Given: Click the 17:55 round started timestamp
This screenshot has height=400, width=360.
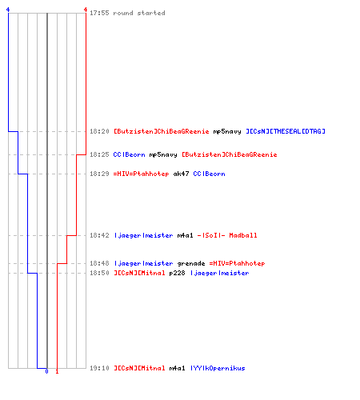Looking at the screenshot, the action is click(99, 13).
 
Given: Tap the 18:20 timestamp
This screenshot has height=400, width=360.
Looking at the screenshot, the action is click(99, 131).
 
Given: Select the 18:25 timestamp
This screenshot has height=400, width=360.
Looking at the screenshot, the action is click(99, 154).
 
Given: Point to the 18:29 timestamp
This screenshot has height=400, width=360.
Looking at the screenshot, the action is click(99, 174).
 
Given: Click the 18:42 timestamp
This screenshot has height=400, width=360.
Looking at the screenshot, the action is click(99, 235).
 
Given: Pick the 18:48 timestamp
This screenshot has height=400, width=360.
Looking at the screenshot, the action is click(99, 263).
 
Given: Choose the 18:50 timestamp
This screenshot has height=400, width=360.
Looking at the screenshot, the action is click(99, 273).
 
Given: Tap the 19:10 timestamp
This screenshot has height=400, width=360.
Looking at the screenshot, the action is click(99, 368).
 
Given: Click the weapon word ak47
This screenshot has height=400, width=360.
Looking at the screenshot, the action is click(181, 174).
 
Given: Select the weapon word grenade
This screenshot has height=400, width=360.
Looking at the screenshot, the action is click(191, 263).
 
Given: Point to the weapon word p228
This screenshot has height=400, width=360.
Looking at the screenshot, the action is click(177, 273).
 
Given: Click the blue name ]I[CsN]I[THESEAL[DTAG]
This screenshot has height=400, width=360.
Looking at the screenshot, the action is click(286, 131).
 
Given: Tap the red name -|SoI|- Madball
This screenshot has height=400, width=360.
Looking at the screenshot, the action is click(227, 235).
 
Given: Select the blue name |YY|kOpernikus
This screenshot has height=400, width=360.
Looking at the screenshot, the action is click(218, 368).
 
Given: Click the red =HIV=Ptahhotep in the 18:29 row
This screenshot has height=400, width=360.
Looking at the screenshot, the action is click(141, 174).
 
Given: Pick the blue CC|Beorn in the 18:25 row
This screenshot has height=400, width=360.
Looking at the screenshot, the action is click(129, 154).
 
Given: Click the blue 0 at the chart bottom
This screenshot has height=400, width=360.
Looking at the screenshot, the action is click(46, 371).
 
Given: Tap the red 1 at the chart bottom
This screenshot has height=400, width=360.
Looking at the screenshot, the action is click(57, 371).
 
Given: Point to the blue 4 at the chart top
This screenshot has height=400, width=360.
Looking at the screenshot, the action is click(8, 10).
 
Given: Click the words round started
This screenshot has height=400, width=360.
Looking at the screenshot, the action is click(139, 13).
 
